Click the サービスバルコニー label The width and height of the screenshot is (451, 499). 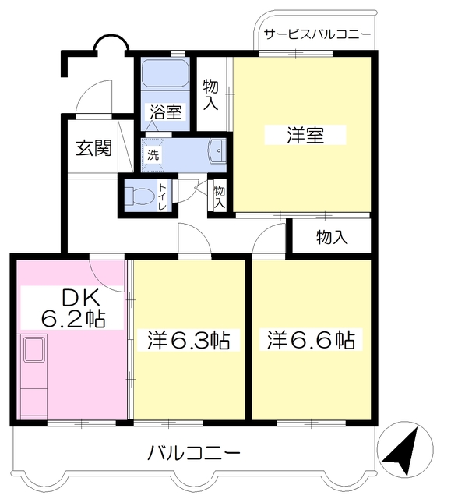(317, 34)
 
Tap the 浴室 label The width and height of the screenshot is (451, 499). (165, 111)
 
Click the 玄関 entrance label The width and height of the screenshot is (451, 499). (93, 148)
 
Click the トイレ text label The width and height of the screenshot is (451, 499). (162, 195)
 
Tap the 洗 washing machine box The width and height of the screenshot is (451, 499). (153, 154)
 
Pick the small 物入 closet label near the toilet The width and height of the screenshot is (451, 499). (219, 196)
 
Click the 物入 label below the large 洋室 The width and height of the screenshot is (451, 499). (332, 238)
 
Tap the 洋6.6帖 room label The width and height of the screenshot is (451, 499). (312, 341)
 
